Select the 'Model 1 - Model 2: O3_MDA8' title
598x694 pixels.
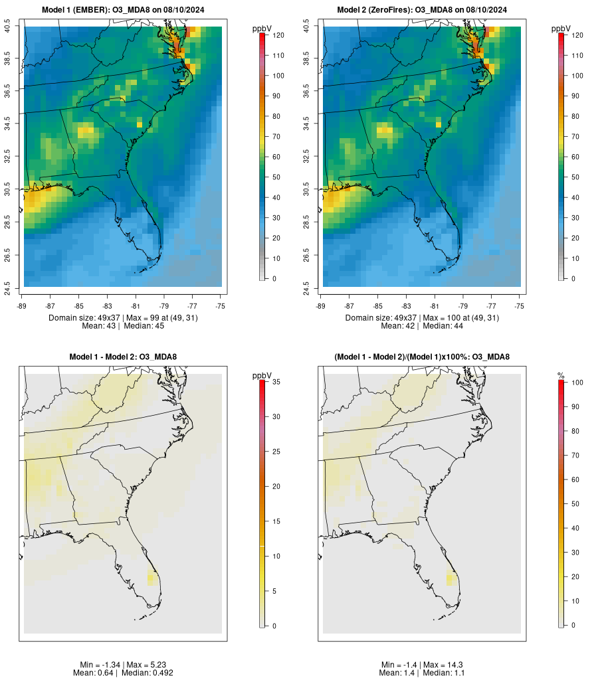(x=123, y=357)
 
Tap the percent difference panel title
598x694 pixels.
(x=422, y=357)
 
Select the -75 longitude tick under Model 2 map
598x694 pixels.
(x=519, y=306)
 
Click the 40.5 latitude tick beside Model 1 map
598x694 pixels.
(x=8, y=27)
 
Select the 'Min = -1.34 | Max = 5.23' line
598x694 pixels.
(x=123, y=665)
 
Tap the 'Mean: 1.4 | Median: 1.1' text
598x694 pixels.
(x=422, y=673)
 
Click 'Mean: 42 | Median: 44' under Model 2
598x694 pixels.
(x=422, y=326)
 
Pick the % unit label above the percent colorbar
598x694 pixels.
(x=561, y=377)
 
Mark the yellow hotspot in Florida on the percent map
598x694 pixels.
(x=451, y=578)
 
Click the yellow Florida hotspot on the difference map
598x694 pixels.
(x=152, y=578)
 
